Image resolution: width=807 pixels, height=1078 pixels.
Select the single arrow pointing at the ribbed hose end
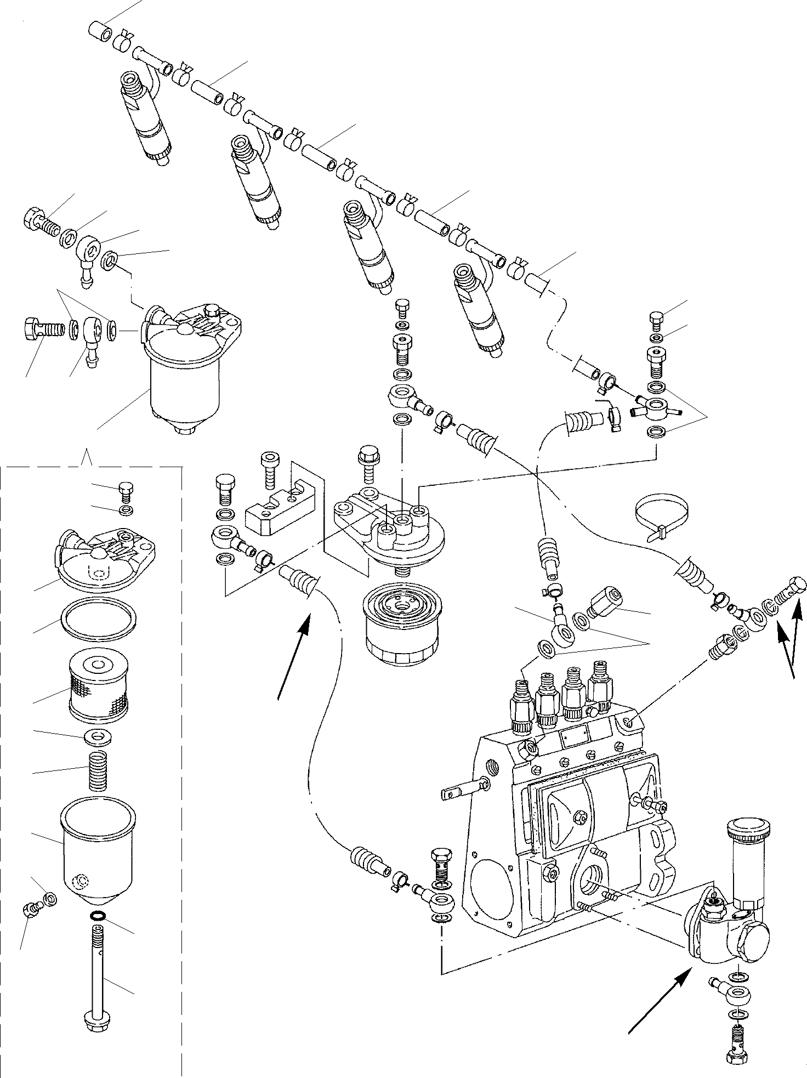[x=294, y=657]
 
